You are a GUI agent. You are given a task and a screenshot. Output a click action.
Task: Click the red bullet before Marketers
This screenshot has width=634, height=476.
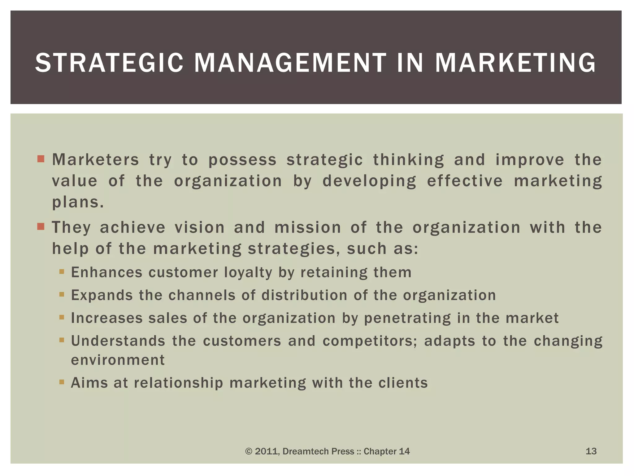point(41,159)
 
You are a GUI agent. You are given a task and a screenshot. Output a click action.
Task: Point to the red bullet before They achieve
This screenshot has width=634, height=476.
point(41,227)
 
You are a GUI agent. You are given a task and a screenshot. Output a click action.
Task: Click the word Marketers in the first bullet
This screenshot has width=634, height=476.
point(96,160)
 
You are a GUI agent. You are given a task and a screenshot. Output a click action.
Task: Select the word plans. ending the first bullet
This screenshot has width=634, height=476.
point(78,203)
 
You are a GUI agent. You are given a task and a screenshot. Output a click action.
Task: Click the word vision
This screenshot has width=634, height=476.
point(200,227)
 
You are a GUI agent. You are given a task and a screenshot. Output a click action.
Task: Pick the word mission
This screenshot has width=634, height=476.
point(308,227)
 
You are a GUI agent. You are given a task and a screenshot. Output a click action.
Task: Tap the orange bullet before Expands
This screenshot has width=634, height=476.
point(62,294)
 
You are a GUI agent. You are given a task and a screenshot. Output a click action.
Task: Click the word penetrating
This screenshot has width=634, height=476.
point(407,318)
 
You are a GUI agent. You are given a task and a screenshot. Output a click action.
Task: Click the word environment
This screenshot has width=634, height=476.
point(118,360)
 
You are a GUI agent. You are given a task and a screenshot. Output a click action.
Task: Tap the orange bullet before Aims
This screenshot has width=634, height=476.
point(62,382)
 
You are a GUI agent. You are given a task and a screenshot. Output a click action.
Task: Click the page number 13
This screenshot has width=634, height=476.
point(591,451)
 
